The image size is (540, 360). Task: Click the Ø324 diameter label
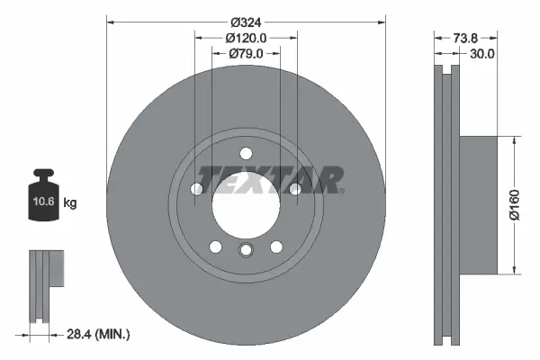[246, 21]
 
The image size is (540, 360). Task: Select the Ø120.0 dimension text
[246, 39]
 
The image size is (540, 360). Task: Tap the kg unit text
[70, 203]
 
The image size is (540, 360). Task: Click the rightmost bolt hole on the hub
[295, 187]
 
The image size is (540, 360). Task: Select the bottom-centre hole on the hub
[246, 251]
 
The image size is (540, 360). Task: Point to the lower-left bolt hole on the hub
[215, 247]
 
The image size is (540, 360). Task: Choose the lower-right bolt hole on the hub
[276, 247]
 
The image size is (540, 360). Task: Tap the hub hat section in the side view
[477, 204]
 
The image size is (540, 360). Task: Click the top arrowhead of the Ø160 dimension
[514, 140]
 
